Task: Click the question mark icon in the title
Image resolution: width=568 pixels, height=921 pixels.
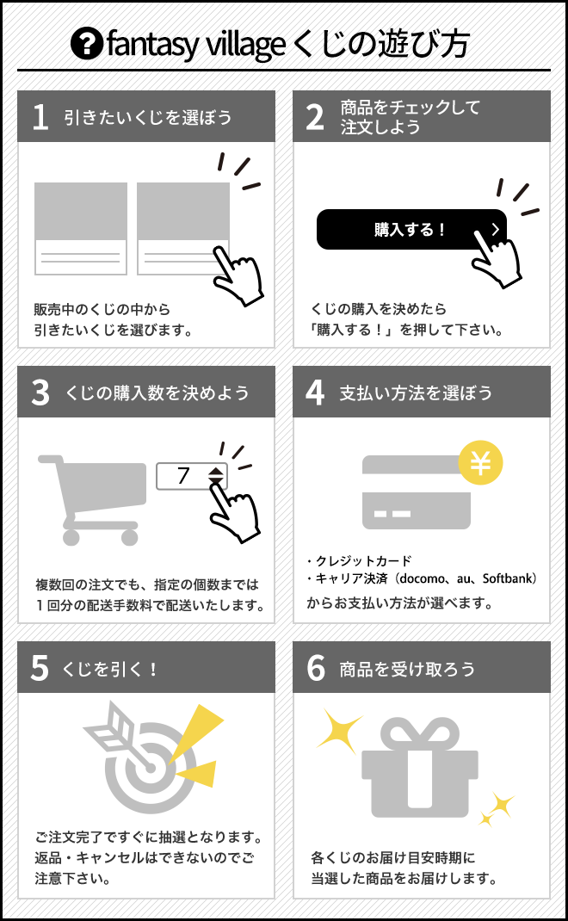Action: tap(87, 44)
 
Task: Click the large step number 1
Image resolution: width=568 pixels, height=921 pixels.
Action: tap(40, 116)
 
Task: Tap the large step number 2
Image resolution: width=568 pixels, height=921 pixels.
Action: tap(315, 116)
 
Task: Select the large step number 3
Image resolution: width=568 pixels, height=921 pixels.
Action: tap(40, 392)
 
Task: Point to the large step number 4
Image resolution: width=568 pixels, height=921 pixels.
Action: tap(315, 392)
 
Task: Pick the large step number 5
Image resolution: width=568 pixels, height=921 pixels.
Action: tap(40, 668)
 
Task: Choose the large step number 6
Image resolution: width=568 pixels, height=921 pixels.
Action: tap(316, 668)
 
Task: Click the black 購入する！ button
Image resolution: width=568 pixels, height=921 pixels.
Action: tap(411, 229)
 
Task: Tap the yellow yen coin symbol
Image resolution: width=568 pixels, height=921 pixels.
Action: tap(480, 463)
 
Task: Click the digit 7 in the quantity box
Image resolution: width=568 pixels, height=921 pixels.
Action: tap(183, 475)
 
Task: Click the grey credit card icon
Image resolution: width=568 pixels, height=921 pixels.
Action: tap(416, 492)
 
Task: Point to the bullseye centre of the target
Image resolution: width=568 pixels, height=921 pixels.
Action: tap(151, 767)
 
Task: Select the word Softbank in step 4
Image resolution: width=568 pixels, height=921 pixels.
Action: tap(507, 578)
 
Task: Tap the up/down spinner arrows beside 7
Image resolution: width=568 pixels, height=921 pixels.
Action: tap(216, 476)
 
